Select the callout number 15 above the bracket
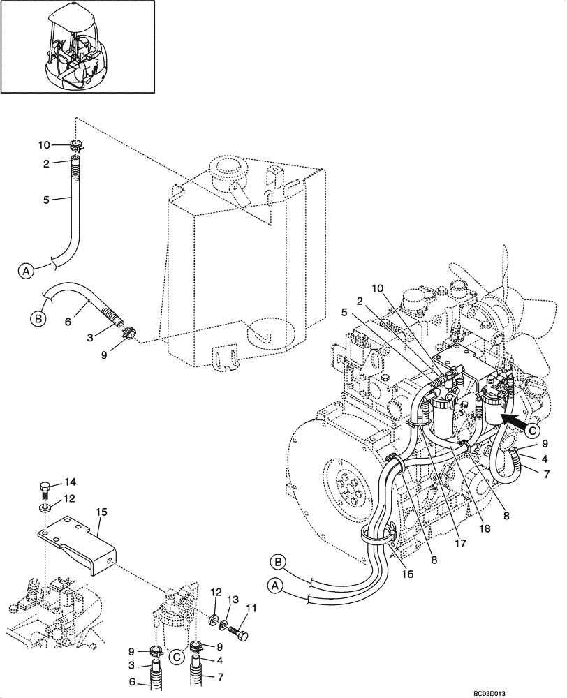101,512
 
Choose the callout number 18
485,530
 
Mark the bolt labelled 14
45,487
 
